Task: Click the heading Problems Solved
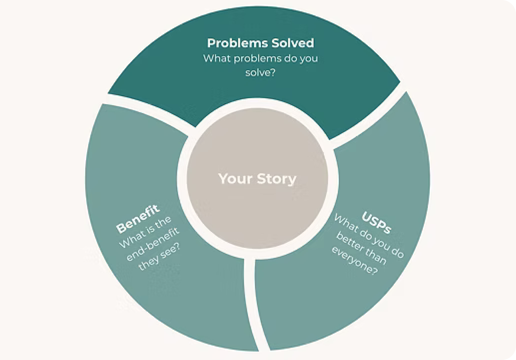click(x=260, y=43)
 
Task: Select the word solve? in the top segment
click(x=260, y=73)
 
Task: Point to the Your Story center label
click(x=257, y=178)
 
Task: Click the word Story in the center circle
click(x=276, y=178)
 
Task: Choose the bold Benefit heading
click(x=138, y=219)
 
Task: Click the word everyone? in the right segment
click(x=354, y=261)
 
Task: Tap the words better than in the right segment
click(x=361, y=249)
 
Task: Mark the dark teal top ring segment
click(x=302, y=99)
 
